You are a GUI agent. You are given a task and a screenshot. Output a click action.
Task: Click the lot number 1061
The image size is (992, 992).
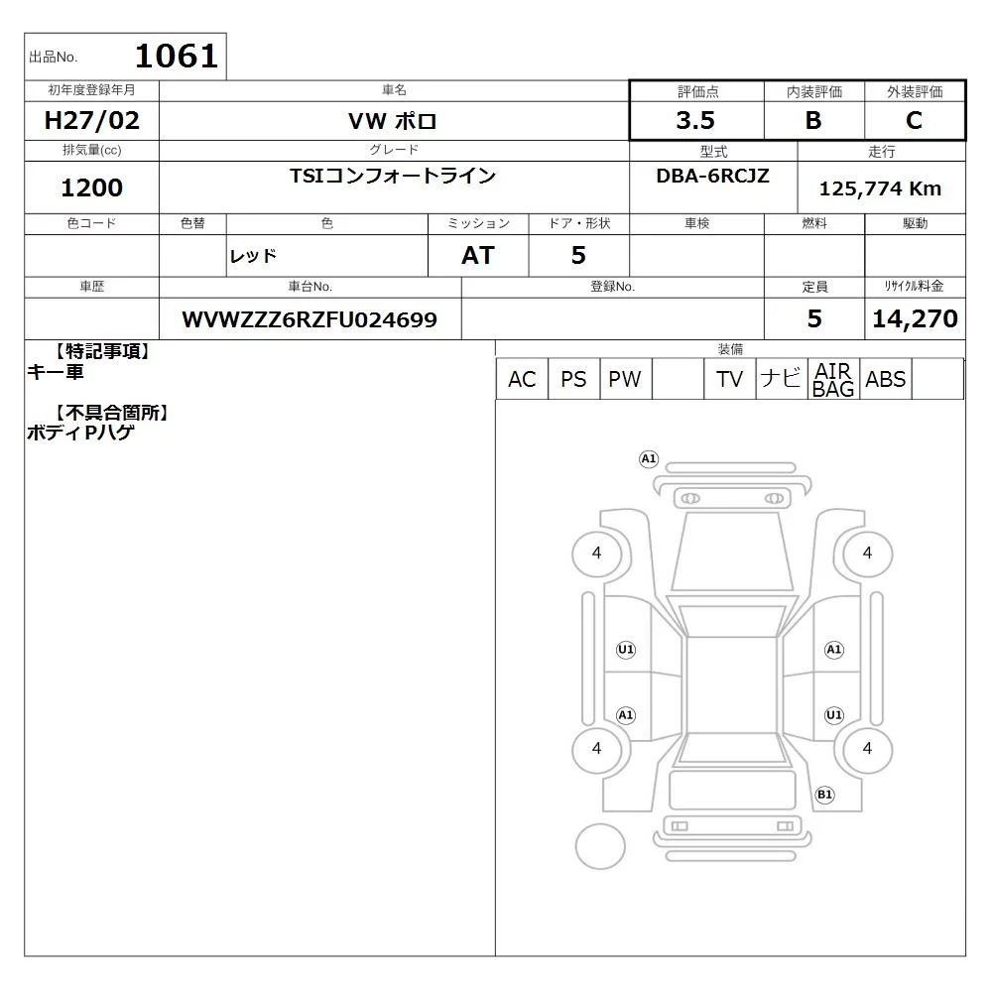tap(177, 56)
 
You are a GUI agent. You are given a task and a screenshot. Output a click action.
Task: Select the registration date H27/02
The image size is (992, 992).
tap(91, 120)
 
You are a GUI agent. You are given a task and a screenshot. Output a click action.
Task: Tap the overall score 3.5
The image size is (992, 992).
tap(695, 120)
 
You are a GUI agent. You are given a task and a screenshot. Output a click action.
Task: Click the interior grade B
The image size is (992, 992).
tap(813, 120)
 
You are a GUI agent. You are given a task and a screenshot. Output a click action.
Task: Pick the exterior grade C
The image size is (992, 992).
tap(914, 120)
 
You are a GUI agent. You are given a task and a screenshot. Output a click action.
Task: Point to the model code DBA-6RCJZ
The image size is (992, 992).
tap(712, 176)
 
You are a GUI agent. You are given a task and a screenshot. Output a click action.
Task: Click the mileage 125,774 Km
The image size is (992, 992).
tap(880, 188)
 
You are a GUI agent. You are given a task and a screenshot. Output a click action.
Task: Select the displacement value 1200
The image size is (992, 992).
tap(91, 187)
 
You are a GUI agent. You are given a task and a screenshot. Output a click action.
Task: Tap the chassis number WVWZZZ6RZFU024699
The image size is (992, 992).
tap(310, 319)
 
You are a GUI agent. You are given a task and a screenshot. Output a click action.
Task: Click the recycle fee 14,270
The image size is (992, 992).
tap(915, 318)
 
